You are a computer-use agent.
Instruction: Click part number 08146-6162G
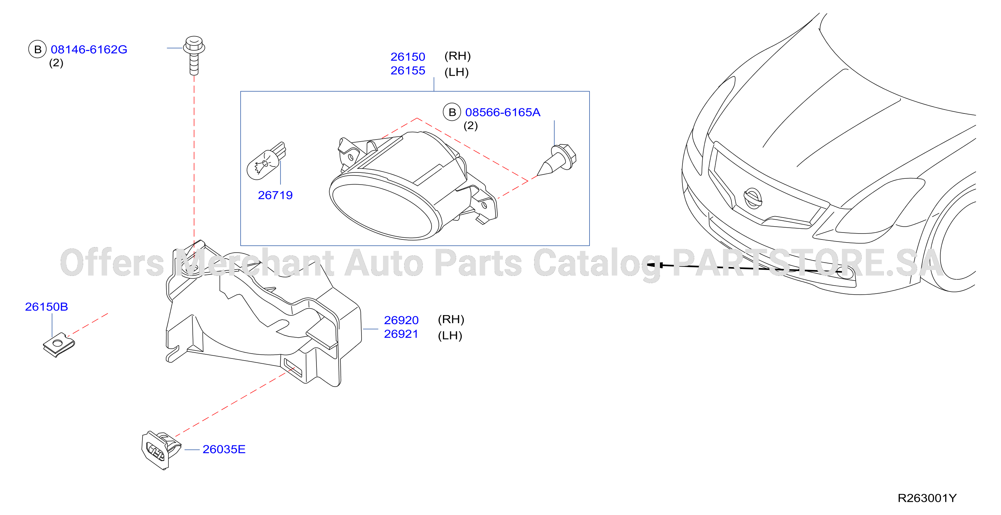[x=89, y=49]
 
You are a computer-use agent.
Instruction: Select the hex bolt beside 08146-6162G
[x=194, y=55]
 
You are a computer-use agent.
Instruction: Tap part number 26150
[x=408, y=57]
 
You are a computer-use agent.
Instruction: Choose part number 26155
[x=408, y=70]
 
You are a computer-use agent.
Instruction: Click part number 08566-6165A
[x=503, y=112]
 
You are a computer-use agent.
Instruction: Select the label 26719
[x=275, y=195]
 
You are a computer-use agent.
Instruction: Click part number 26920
[x=401, y=320]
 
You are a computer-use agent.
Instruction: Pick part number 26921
[x=401, y=334]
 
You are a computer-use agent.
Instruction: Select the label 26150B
[x=46, y=306]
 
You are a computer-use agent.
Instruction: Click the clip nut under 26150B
[x=59, y=345]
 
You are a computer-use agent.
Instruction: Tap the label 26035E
[x=224, y=449]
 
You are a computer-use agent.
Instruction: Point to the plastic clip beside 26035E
[x=161, y=450]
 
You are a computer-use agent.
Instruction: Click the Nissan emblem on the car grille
[x=753, y=199]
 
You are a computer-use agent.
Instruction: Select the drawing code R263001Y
[x=927, y=498]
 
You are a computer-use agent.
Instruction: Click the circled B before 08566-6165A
[x=452, y=112]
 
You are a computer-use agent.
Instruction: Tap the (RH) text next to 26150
[x=458, y=56]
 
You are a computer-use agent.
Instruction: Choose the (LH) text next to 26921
[x=450, y=335]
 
